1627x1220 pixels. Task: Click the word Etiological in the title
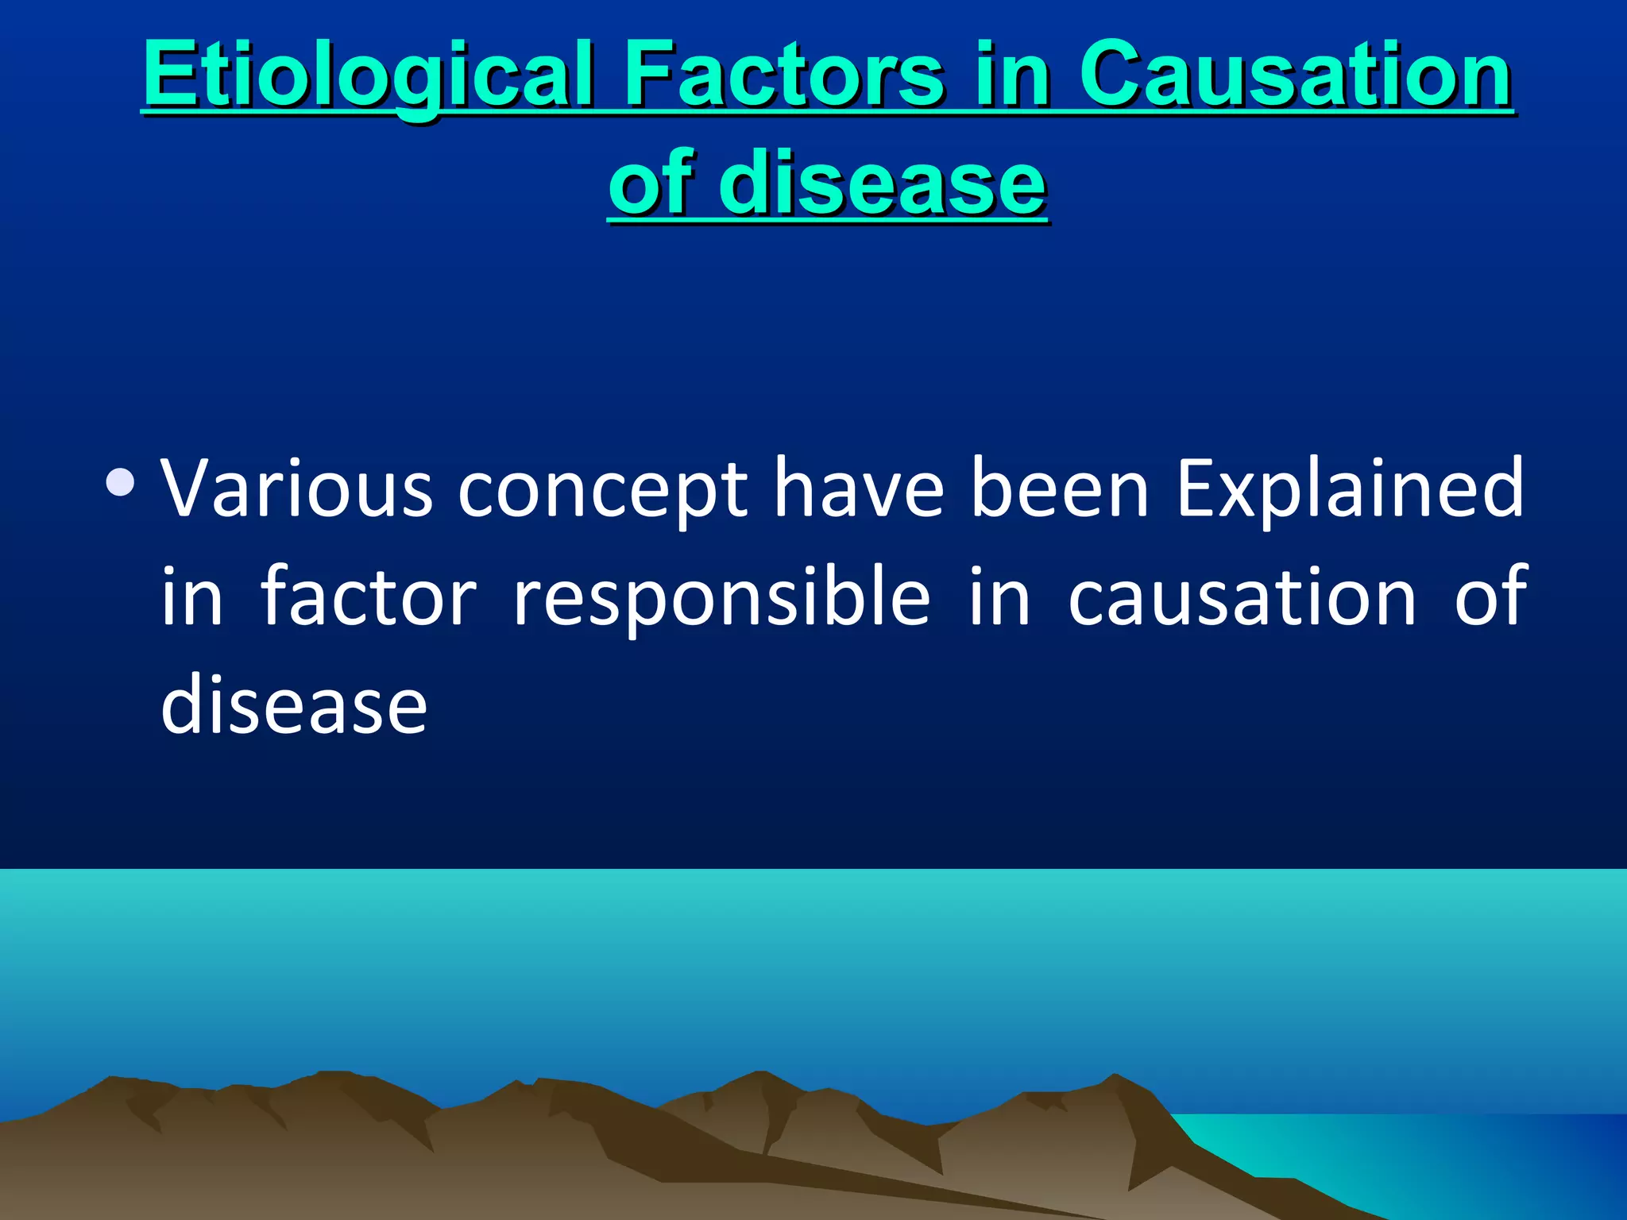[368, 75]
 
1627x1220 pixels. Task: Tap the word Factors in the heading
[784, 75]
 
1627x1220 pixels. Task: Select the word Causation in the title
[1295, 75]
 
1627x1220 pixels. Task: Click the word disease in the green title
[882, 184]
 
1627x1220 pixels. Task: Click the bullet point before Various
[120, 482]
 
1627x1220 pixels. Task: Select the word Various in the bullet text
[296, 488]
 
